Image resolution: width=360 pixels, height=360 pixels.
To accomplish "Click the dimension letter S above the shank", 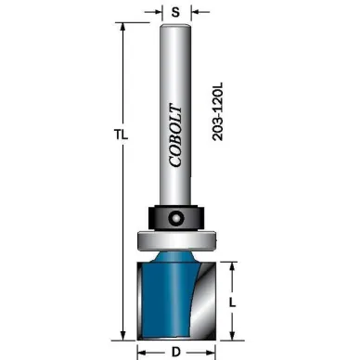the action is pos(175,12).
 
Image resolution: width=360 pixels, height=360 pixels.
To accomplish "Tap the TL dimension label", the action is pos(121,135).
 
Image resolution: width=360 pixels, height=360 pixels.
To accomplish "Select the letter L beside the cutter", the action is pos(232,302).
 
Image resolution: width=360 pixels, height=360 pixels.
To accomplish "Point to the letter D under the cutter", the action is pos(176,352).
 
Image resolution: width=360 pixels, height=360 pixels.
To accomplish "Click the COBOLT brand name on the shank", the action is pos(175,135).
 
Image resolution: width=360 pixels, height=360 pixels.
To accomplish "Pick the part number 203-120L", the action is pos(218,111).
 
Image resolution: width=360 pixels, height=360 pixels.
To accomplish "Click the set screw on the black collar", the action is pos(175,217).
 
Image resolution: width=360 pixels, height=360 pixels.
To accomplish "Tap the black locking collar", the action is pos(176,217).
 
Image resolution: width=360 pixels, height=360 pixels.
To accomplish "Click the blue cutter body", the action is pos(169,297).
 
